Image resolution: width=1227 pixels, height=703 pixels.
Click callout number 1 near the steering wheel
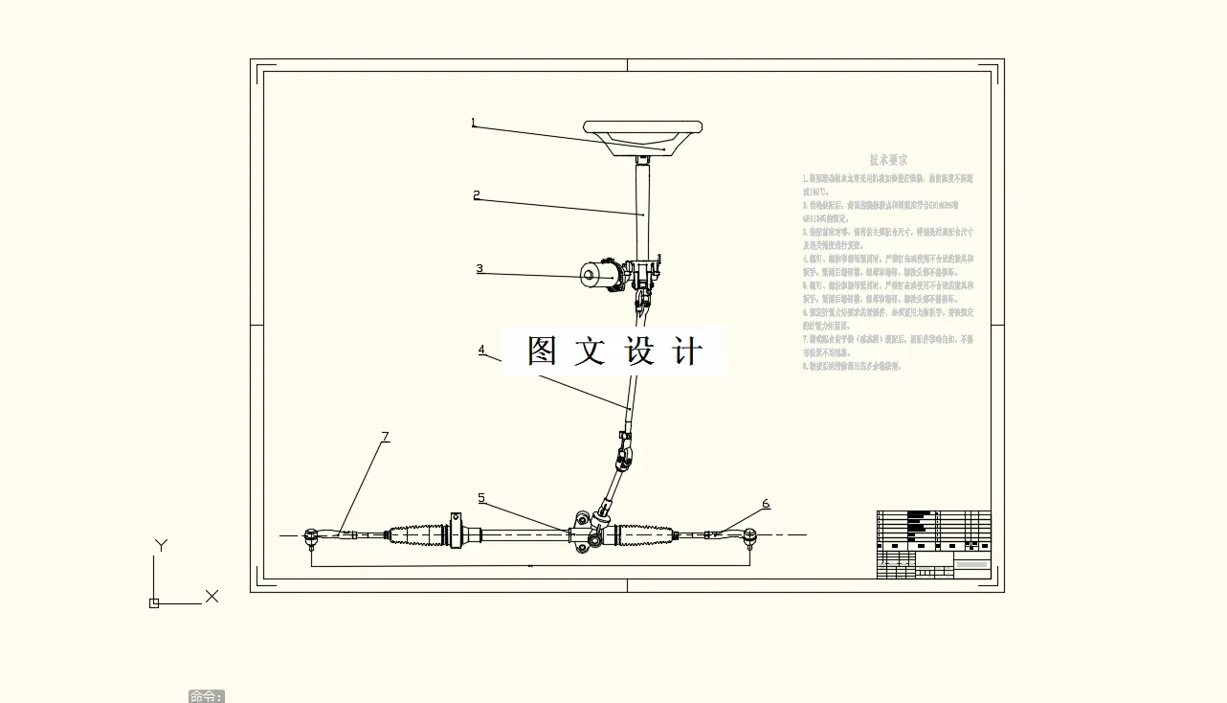[x=473, y=123]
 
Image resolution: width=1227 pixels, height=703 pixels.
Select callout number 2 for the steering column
[x=477, y=195]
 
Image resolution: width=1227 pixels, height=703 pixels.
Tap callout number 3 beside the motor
[x=480, y=269]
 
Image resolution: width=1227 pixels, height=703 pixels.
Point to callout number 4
[x=481, y=351]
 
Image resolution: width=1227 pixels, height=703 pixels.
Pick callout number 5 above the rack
[x=481, y=498]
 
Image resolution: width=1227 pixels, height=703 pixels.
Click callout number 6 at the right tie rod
[x=766, y=504]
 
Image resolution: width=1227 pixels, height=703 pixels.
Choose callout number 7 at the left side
[x=386, y=437]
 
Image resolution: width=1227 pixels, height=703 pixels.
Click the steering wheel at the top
[x=643, y=128]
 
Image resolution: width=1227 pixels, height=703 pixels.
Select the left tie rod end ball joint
[x=311, y=537]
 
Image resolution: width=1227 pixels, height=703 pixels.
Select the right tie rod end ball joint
[x=750, y=536]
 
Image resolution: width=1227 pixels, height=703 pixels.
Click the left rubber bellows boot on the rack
[x=417, y=534]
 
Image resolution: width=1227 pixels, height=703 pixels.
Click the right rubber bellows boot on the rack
[x=648, y=534]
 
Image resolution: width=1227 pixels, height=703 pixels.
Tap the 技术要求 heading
[x=888, y=160]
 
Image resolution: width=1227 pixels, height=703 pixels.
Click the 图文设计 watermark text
[x=614, y=351]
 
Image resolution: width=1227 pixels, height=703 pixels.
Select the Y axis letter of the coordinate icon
[x=161, y=546]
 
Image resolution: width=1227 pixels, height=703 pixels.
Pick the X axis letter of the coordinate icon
[x=212, y=597]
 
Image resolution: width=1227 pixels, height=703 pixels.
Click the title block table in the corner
[x=933, y=544]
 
